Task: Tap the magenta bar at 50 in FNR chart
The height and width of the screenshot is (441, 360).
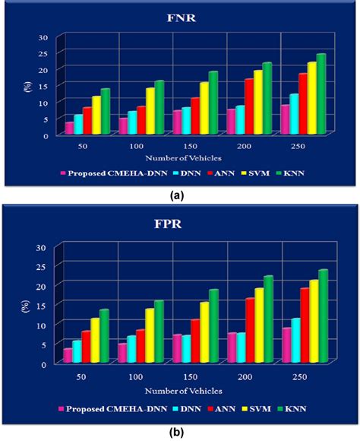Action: point(69,127)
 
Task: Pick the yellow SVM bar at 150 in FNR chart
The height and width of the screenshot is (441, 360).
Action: point(225,106)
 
